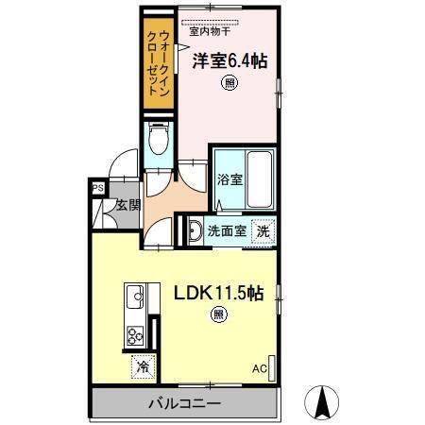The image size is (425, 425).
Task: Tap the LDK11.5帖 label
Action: (216, 293)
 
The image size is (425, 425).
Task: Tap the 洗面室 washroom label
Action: (227, 229)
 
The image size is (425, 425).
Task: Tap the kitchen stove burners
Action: (134, 335)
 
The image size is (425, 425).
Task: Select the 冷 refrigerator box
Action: (141, 365)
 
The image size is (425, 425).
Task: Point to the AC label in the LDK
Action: (260, 368)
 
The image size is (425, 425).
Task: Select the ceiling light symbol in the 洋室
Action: (230, 84)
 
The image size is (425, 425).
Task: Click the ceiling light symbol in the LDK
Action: (217, 314)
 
